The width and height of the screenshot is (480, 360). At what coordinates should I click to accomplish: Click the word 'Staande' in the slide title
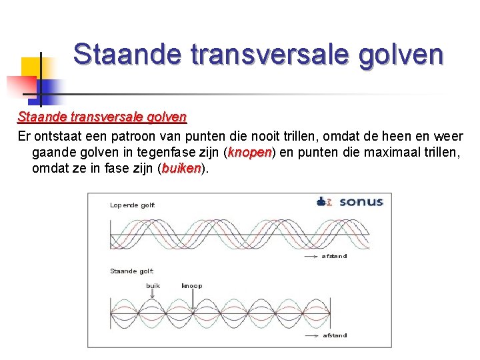pos(127,54)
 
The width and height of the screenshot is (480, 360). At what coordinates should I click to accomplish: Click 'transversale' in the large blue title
pos(265,54)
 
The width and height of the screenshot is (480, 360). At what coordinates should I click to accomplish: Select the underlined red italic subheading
pos(102,117)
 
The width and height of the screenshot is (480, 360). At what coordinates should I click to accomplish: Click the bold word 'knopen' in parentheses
pos(249,153)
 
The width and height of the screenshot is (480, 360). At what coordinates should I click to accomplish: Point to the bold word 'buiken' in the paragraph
pos(181,169)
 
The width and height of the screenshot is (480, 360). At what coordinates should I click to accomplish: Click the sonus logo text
pos(361,201)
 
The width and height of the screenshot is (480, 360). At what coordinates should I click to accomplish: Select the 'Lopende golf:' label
pos(132,205)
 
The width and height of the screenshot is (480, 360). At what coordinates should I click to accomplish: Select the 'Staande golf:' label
pos(131,271)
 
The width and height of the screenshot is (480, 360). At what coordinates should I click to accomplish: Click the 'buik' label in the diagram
pos(153,285)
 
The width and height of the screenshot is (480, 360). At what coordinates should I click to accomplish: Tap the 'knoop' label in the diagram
pos(192,285)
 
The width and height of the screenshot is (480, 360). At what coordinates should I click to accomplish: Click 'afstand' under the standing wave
pos(335,335)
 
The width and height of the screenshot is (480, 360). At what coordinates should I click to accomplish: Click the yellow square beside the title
pos(30,67)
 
